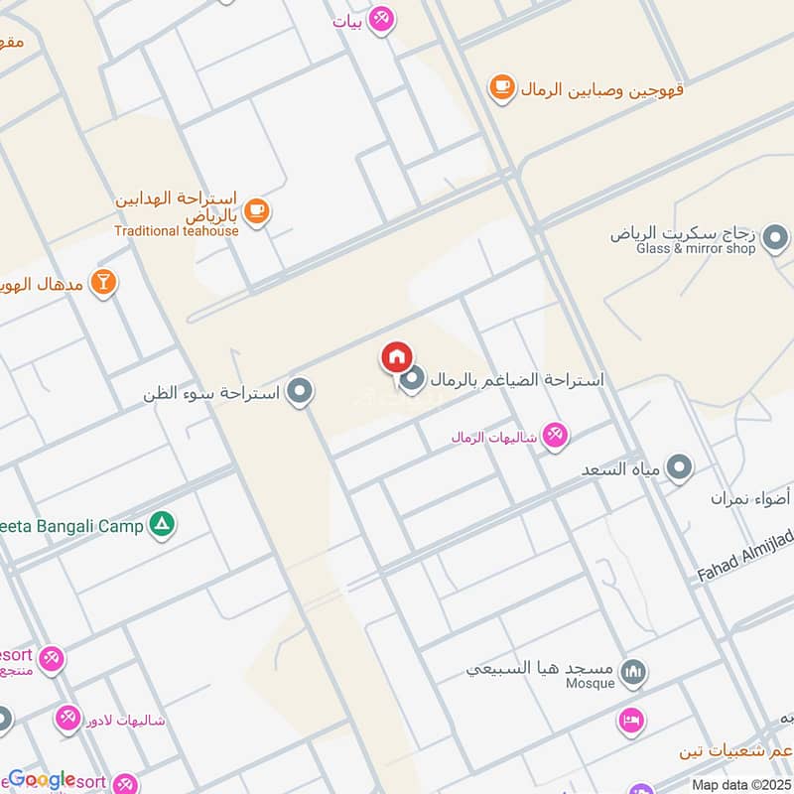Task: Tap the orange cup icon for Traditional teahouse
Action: point(257,210)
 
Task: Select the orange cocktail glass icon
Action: point(103,283)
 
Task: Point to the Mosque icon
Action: point(632,675)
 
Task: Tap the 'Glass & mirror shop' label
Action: point(697,249)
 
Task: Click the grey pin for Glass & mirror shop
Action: point(776,238)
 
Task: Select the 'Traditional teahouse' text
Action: point(177,231)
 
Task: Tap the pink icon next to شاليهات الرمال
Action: point(555,436)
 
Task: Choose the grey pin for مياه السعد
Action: point(679,466)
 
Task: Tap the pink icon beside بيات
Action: point(380,19)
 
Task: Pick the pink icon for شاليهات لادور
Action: point(68,716)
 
